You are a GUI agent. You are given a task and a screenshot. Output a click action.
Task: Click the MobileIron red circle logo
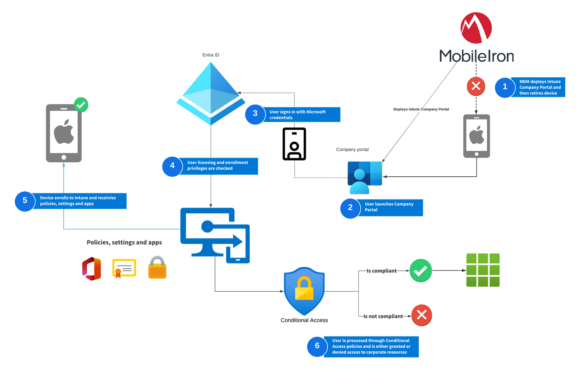476,28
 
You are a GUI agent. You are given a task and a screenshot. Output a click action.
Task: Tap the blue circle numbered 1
505,87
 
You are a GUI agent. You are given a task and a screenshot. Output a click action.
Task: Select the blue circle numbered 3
255,114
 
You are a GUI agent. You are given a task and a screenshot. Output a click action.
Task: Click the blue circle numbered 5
25,201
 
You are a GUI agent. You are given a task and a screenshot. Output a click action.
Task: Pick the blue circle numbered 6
317,346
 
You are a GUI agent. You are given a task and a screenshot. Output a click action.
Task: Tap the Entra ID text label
211,55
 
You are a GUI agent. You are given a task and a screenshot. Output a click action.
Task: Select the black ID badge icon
294,144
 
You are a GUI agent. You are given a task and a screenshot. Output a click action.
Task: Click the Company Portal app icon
365,177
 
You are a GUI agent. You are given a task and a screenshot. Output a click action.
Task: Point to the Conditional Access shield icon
304,291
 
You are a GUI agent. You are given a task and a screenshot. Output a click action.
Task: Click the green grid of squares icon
483,270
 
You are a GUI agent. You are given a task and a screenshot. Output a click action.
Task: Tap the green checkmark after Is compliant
420,270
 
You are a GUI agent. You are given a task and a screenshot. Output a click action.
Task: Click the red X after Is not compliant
422,315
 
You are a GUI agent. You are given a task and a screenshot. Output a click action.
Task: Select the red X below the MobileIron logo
476,86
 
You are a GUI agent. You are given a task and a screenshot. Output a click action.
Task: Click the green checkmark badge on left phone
81,105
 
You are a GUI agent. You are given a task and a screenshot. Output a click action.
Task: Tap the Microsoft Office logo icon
92,269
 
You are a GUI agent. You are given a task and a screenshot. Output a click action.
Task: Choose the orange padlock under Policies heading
157,267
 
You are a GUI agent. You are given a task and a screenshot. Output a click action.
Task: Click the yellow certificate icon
124,269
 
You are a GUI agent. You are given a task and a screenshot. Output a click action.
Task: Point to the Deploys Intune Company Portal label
421,109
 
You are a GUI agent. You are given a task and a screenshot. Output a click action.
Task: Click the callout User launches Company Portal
390,207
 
